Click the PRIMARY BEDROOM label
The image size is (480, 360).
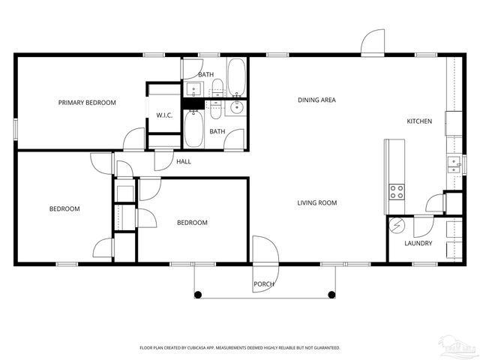(x=87, y=102)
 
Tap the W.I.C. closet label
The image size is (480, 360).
(x=165, y=115)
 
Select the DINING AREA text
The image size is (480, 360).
(x=316, y=100)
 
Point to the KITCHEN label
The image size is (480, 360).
(x=419, y=121)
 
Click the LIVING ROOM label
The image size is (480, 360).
(x=316, y=202)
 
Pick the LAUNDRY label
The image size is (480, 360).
(x=418, y=243)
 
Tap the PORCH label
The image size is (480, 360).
(x=263, y=284)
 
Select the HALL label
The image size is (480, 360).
(x=184, y=161)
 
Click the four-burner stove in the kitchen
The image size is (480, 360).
(x=396, y=191)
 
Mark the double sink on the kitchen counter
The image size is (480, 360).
(x=453, y=164)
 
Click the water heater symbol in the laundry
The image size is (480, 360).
(x=397, y=225)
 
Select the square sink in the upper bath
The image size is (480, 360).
(x=193, y=90)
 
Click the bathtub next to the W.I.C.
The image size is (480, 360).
(x=193, y=129)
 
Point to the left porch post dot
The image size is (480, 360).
(x=198, y=295)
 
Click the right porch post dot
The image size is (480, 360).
(x=331, y=295)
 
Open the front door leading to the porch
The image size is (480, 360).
(x=264, y=251)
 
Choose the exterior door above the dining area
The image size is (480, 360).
(x=373, y=43)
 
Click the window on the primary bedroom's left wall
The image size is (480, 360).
(x=16, y=127)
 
